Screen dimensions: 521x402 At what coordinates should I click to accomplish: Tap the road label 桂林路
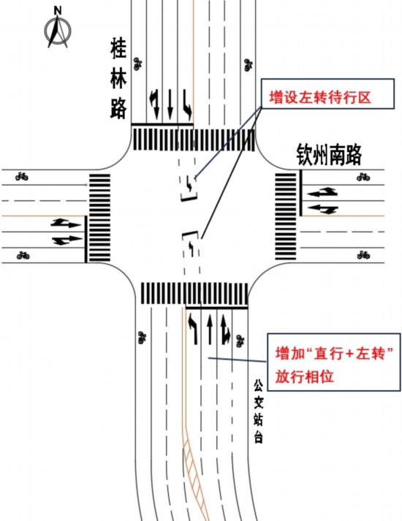click(118, 76)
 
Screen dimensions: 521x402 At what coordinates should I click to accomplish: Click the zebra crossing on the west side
click(99, 218)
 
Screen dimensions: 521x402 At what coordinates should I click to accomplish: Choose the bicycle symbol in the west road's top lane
click(22, 176)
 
